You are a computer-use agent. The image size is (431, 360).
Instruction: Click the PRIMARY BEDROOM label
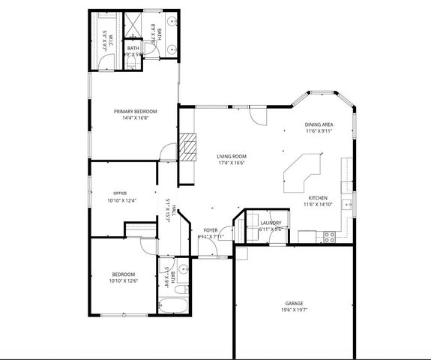pos(135,111)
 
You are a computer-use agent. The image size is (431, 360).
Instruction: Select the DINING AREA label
pos(319,124)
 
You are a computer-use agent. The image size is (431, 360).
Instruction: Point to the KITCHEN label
pos(318,197)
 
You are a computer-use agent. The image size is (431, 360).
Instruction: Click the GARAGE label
pos(294,303)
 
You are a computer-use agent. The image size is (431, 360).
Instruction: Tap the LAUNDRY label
pos(271,223)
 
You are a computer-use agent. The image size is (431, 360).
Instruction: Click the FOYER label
pos(211,230)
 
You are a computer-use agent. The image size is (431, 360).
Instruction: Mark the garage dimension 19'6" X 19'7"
pos(294,310)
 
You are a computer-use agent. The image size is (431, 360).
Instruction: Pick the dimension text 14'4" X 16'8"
pos(135,118)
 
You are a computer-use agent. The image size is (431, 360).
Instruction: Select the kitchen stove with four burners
pos(328,236)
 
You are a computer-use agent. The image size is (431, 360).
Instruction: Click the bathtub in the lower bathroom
pos(174,304)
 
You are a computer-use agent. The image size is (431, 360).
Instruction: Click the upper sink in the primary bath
pos(172,23)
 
